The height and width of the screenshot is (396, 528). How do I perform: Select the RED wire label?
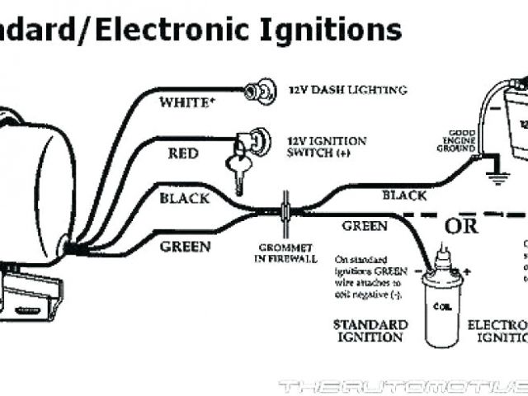click(x=182, y=153)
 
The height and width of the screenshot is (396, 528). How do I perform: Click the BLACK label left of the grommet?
click(x=184, y=198)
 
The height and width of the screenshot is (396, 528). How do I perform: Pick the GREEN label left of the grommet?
click(x=185, y=246)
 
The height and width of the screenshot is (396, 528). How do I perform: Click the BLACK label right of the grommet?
click(x=403, y=196)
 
